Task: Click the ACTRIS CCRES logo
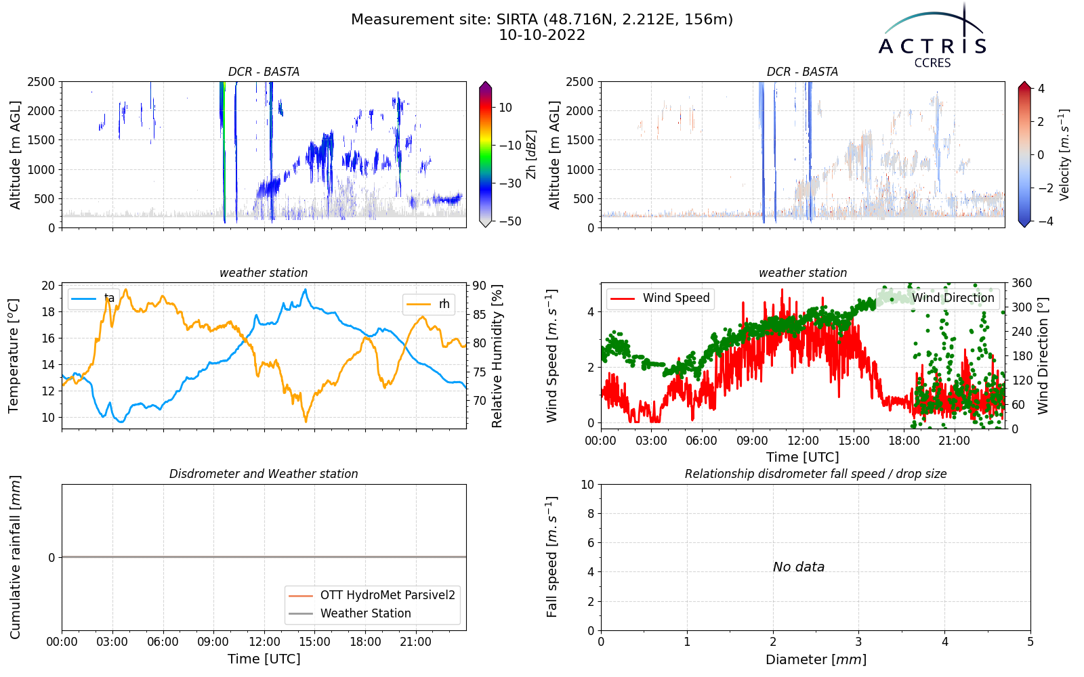932,37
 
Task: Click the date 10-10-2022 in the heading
542,35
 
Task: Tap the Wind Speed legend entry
660,298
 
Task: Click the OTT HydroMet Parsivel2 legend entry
372,595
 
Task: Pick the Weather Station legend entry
350,613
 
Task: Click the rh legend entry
428,304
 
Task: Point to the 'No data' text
799,567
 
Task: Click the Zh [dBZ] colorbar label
531,154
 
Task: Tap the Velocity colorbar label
1064,155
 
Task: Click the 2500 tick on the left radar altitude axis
41,82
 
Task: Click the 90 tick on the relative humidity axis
479,286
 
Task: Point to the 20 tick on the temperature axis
48,286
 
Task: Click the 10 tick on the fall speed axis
587,485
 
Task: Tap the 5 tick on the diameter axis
1030,642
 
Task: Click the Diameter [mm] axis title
816,659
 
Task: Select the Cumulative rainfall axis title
15,557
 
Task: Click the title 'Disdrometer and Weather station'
264,474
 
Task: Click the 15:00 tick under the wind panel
854,441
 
